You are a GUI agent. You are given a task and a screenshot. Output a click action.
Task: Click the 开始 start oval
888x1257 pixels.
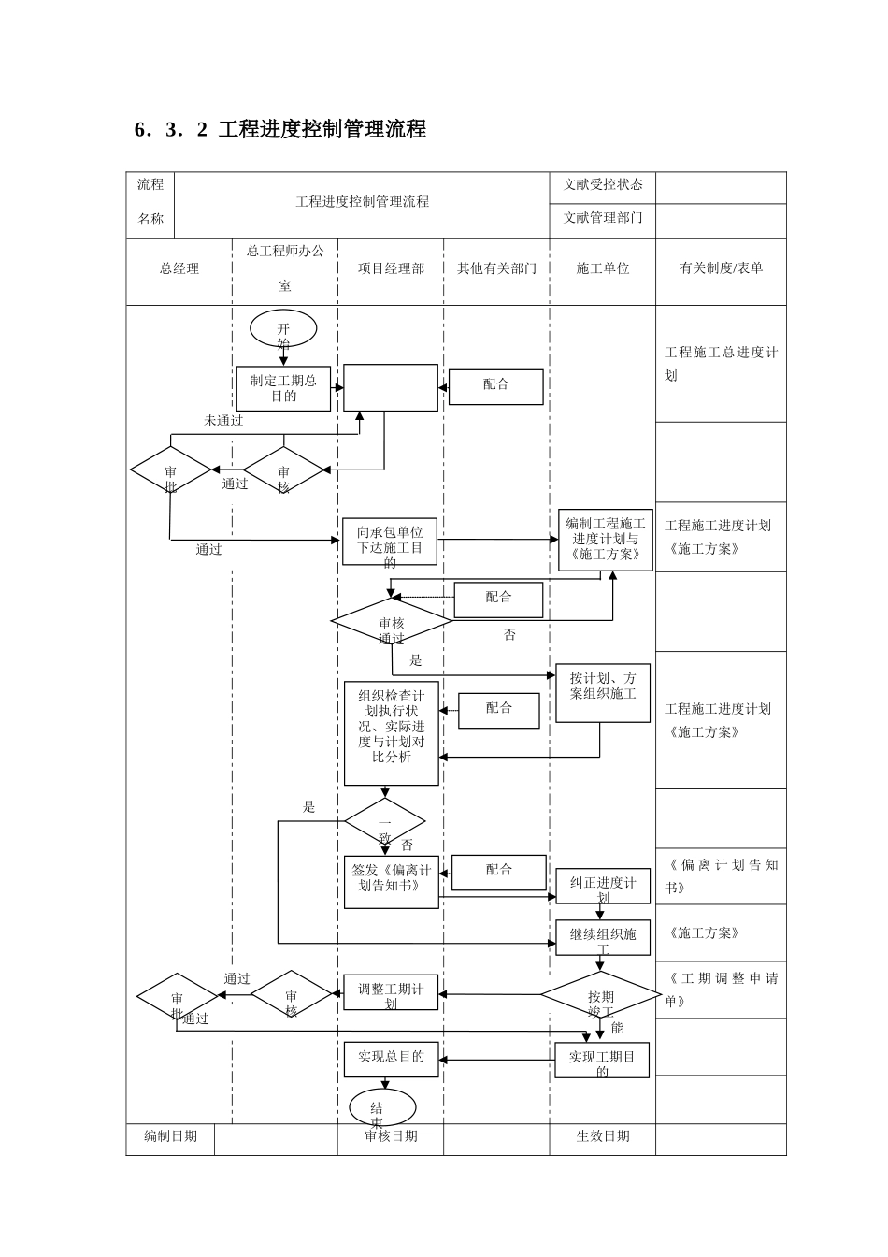click(283, 329)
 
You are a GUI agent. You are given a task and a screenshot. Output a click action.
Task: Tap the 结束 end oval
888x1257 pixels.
click(382, 1108)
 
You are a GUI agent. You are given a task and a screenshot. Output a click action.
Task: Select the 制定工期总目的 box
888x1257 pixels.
click(283, 388)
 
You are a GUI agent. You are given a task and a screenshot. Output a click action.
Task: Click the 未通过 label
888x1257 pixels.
click(223, 421)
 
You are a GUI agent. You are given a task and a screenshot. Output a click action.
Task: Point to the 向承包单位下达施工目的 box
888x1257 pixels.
click(390, 542)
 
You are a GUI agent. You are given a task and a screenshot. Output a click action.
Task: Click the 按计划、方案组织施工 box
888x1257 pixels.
click(603, 693)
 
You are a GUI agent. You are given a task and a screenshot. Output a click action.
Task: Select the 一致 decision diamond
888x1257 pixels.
click(384, 822)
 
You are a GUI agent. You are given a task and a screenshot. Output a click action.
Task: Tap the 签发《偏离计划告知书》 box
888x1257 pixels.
click(391, 881)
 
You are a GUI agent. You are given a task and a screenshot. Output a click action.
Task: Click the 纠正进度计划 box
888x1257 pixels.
click(603, 886)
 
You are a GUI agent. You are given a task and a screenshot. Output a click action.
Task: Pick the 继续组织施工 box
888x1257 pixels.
click(603, 937)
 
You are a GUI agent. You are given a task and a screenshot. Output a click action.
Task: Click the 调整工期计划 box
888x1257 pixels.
click(391, 992)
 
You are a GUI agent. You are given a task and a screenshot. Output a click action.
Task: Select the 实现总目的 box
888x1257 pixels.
click(391, 1059)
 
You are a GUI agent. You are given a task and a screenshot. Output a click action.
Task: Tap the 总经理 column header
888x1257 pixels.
click(179, 269)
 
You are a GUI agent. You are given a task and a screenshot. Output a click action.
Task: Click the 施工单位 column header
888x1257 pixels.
click(603, 269)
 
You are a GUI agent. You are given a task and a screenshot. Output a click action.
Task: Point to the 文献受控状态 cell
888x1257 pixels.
click(603, 185)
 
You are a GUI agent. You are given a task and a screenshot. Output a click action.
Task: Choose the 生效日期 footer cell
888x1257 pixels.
click(603, 1136)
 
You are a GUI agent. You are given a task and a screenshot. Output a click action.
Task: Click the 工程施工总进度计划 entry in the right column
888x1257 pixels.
click(721, 364)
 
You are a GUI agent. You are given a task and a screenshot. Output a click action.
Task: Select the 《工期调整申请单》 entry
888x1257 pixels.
click(721, 990)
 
